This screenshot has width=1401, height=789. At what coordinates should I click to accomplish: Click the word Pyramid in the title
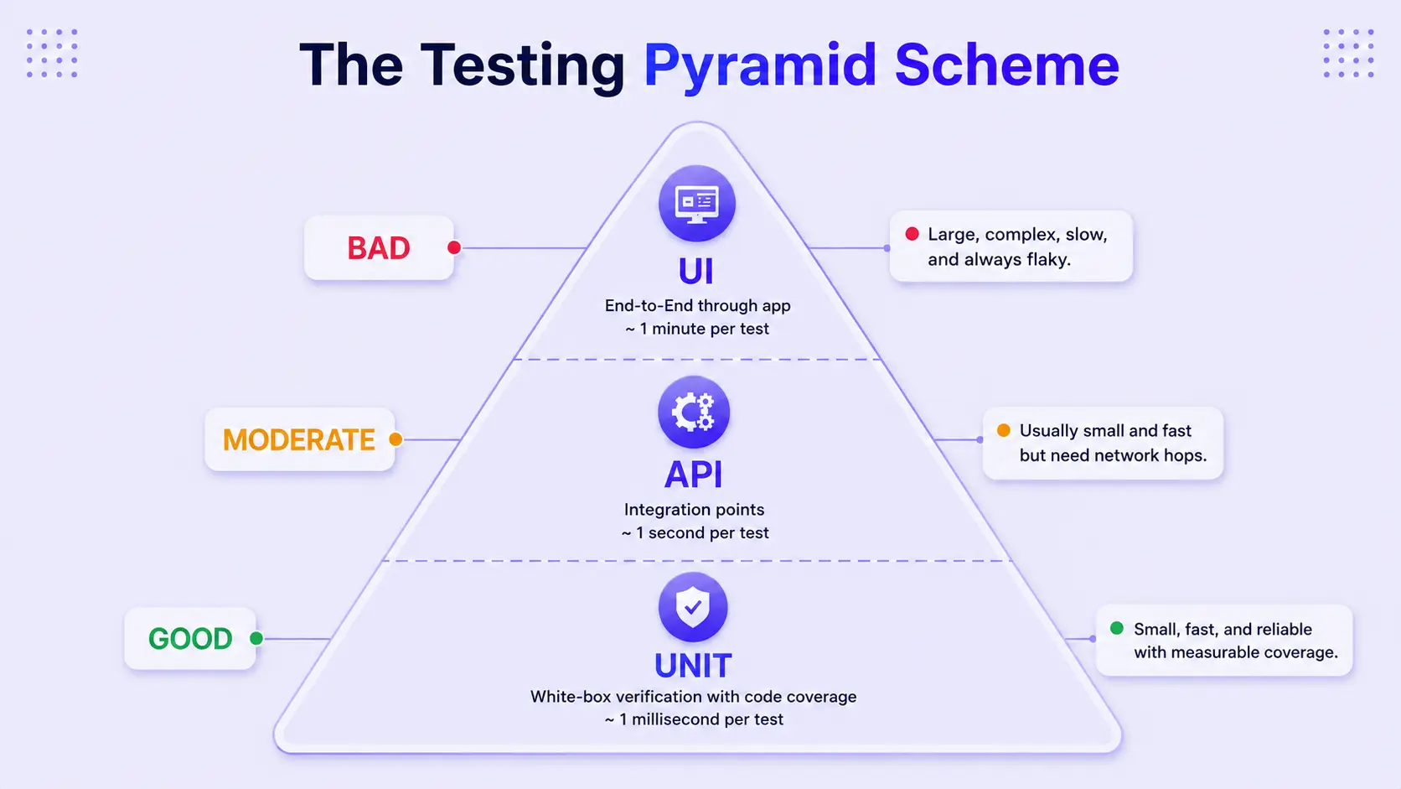point(759,65)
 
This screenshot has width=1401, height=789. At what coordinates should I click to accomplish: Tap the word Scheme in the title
point(1006,65)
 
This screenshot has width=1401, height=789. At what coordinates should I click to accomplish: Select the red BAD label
point(379,248)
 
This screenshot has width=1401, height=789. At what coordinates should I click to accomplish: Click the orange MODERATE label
point(299,440)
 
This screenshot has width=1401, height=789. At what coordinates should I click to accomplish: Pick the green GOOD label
point(190,639)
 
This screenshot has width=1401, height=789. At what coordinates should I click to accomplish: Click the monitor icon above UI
point(697,204)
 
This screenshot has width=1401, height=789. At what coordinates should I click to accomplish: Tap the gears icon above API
point(694,413)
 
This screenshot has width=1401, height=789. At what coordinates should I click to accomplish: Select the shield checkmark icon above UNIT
point(693,607)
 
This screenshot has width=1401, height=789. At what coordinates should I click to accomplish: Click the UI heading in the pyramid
point(695,272)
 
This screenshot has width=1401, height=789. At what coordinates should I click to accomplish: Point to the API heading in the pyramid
point(693,475)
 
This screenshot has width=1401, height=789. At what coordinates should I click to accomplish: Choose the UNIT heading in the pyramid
point(693,665)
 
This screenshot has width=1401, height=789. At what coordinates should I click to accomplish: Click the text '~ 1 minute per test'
point(697,329)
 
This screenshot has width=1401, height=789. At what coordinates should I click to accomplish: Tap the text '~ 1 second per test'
point(695,532)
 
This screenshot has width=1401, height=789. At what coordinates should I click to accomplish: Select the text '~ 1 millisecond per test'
point(694,719)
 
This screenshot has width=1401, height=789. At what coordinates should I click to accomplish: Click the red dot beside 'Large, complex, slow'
point(912,234)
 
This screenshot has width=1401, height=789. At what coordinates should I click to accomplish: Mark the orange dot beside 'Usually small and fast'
point(1003,430)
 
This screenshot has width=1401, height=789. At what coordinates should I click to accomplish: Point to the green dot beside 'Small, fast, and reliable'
point(1116,628)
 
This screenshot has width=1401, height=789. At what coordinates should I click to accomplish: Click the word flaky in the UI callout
point(1047,260)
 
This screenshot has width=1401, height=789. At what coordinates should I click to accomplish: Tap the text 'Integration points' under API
point(695,509)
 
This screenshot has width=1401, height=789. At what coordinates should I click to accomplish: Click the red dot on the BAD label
point(455,248)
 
